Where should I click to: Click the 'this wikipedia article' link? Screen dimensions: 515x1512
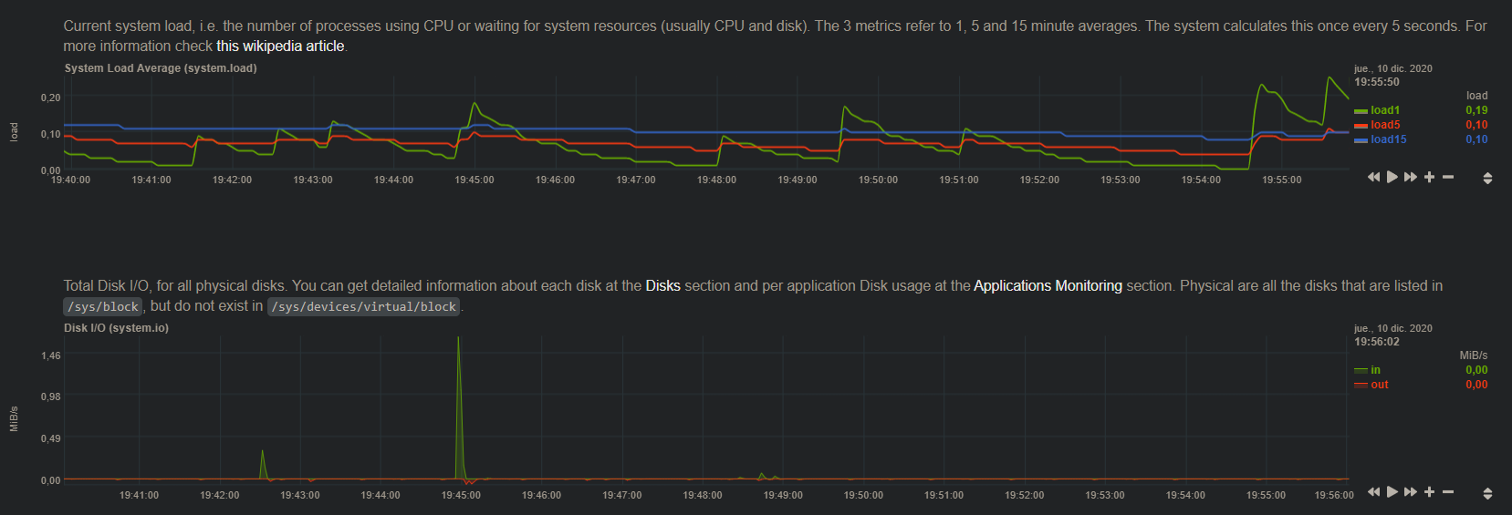tap(280, 46)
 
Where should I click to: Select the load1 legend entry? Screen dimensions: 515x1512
tap(1384, 110)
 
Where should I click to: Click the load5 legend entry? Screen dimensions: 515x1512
tap(1384, 125)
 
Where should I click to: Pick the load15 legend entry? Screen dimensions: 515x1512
tap(1388, 139)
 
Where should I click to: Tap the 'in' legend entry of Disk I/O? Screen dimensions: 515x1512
tap(1374, 370)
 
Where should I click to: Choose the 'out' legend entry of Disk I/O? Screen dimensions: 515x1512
tap(1379, 385)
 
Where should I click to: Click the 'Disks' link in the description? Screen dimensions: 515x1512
tap(662, 286)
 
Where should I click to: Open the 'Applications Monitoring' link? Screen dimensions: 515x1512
tap(1048, 286)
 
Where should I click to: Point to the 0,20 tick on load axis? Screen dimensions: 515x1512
tap(50, 98)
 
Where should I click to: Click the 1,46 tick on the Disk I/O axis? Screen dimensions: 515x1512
tap(50, 355)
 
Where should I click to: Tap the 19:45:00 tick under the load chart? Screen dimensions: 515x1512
tap(474, 180)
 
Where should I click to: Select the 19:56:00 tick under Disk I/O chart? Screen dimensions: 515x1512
tap(1333, 496)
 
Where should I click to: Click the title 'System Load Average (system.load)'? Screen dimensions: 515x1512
tap(161, 68)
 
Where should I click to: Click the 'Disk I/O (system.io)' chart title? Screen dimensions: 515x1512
tap(116, 328)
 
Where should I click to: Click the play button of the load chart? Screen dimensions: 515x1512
tap(1392, 177)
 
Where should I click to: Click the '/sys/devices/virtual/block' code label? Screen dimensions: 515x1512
tap(363, 307)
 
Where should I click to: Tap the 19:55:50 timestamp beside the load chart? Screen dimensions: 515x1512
tap(1376, 82)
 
